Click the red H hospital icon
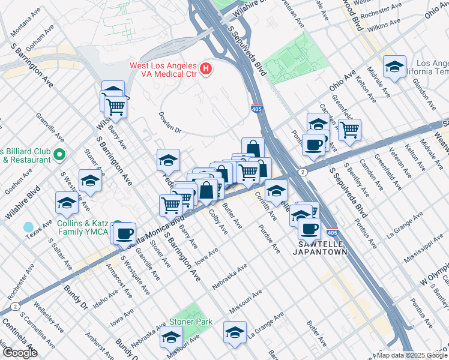[206, 69]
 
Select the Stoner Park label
[191, 322]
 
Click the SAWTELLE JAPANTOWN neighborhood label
[324, 248]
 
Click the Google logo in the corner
[19, 353]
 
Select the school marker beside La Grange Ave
[235, 332]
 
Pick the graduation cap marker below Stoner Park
[171, 337]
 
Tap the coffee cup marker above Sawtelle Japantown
[310, 228]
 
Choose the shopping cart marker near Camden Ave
[349, 129]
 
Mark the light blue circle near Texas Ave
[28, 227]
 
